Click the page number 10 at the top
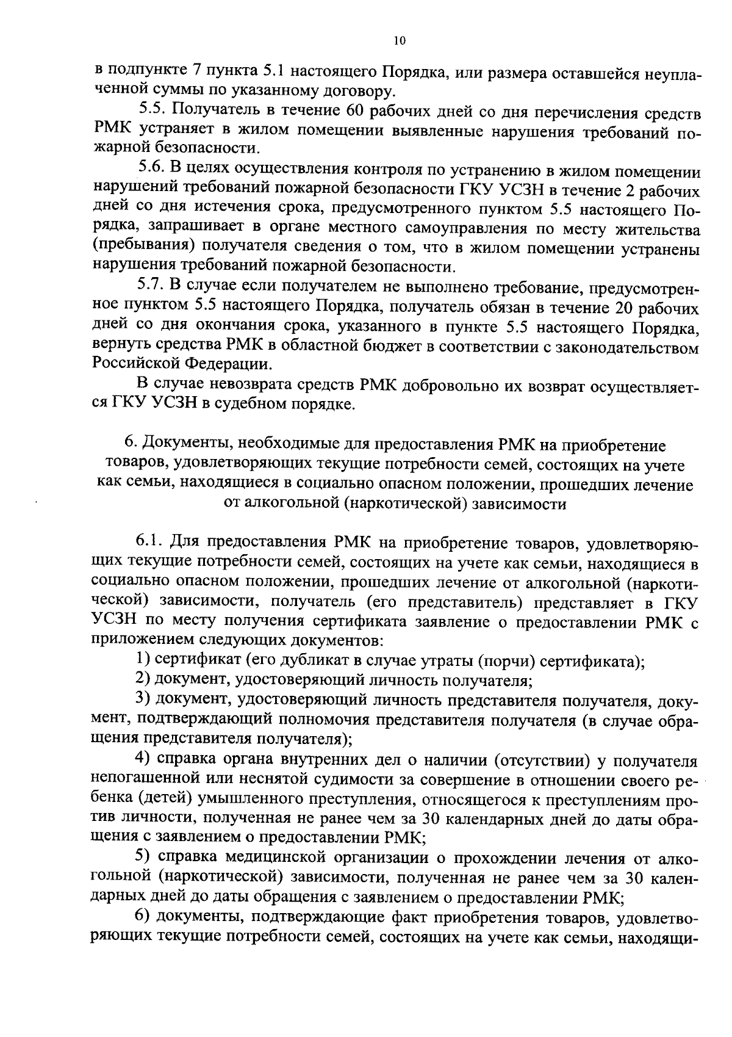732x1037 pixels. pyautogui.click(x=400, y=41)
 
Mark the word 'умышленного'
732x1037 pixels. pyautogui.click(x=265, y=801)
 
